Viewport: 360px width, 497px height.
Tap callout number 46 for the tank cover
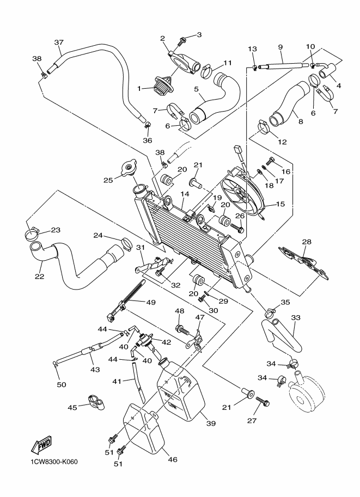click(x=172, y=459)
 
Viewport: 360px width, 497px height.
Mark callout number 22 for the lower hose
click(x=40, y=262)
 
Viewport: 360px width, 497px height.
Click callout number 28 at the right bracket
click(x=307, y=241)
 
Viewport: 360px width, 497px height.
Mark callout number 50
click(x=62, y=385)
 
